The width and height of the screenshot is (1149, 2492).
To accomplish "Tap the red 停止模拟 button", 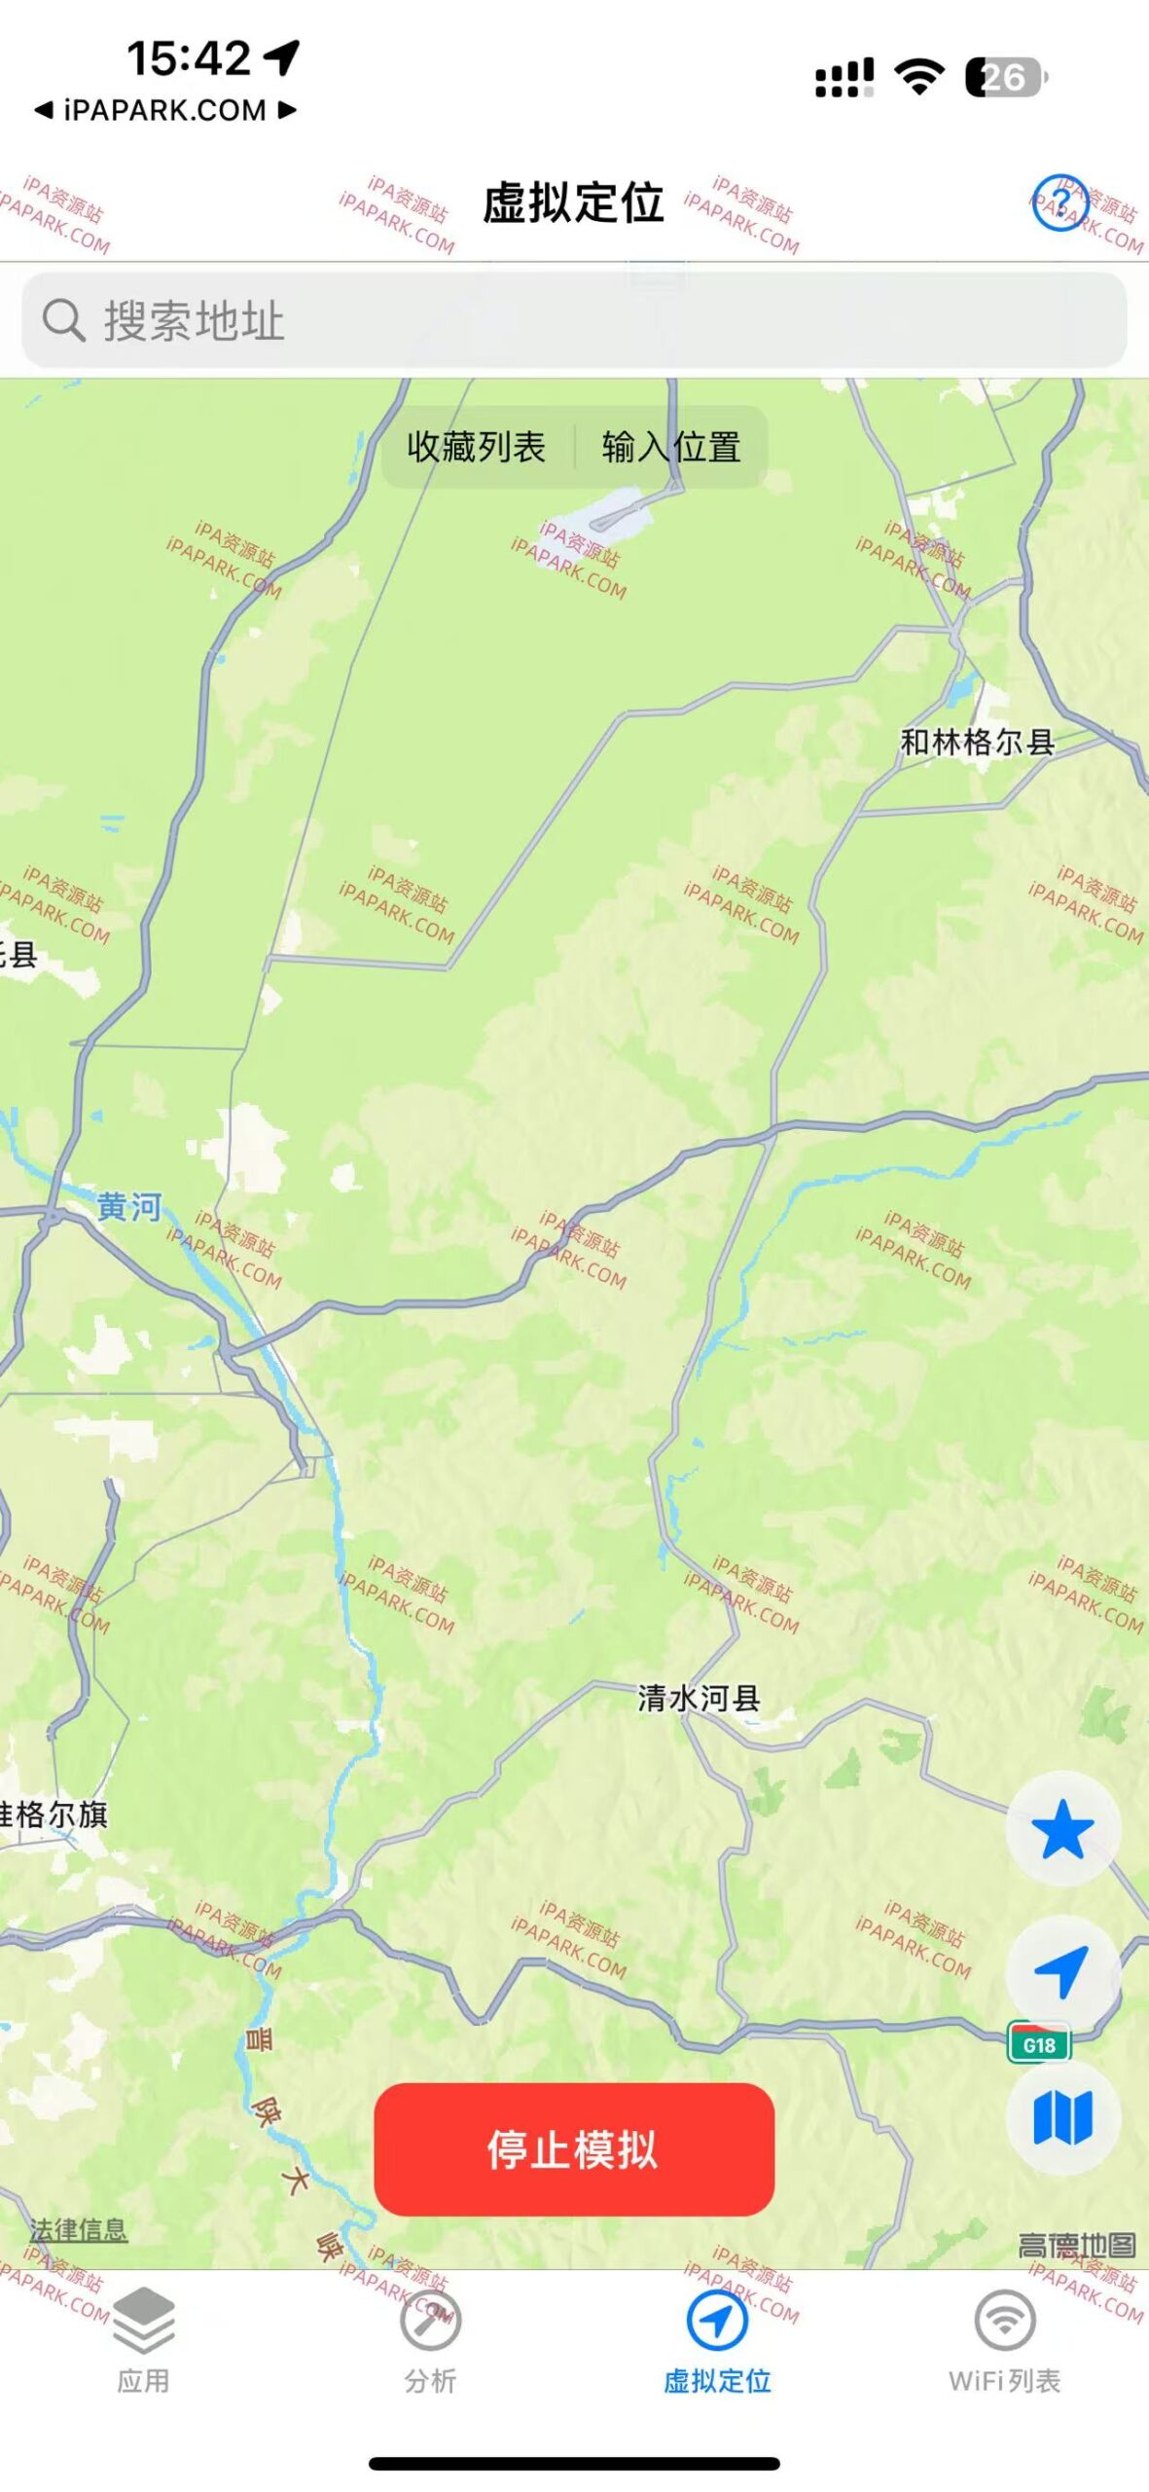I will [574, 2148].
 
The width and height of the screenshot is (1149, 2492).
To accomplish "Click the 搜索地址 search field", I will [574, 320].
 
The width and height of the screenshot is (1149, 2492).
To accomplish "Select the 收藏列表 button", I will [476, 447].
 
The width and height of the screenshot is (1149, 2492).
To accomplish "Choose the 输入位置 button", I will [671, 447].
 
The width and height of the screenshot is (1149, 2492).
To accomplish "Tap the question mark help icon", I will [1059, 203].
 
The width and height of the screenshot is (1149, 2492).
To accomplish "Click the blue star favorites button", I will [1062, 1829].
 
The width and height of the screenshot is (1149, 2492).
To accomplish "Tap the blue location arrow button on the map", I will [1062, 1972].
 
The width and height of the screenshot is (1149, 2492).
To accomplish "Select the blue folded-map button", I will [1062, 2117].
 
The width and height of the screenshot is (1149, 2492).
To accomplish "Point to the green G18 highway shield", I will [1039, 2044].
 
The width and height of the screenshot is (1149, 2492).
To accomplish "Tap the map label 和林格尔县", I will [977, 743].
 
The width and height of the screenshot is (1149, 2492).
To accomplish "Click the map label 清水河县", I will [699, 1699].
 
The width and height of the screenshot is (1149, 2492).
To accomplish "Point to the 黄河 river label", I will [128, 1207].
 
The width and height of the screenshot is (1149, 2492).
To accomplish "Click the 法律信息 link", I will [78, 2230].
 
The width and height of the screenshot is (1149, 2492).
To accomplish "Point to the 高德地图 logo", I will [1076, 2246].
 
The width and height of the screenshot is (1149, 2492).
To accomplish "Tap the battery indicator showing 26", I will [1005, 78].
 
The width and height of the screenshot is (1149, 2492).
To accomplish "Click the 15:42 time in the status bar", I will [190, 58].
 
